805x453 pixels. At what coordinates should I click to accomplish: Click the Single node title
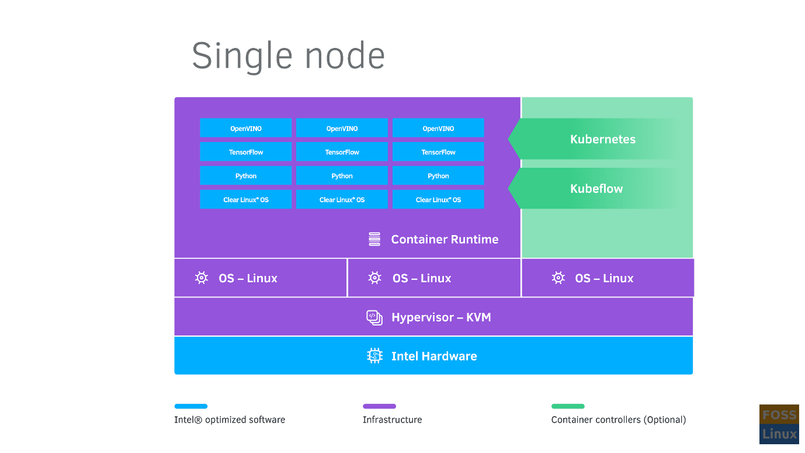pos(289,56)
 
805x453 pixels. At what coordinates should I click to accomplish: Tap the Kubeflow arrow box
pos(596,189)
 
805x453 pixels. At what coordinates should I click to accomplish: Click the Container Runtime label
pos(445,239)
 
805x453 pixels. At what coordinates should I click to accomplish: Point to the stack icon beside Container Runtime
pos(374,239)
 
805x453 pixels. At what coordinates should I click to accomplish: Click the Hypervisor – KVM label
pos(441,317)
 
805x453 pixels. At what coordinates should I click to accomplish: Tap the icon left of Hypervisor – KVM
pos(374,317)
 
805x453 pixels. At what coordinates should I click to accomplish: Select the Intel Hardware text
pos(434,356)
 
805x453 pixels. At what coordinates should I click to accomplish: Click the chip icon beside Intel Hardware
pos(374,356)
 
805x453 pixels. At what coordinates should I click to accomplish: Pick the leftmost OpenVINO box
pos(245,128)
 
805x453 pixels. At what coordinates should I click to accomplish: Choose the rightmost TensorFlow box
pos(438,152)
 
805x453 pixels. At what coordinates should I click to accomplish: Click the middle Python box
pos(342,176)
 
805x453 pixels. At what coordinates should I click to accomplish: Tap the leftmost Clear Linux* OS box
pos(245,200)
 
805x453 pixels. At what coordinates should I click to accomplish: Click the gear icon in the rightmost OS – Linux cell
pos(558,278)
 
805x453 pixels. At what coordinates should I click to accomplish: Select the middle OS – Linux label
pos(422,278)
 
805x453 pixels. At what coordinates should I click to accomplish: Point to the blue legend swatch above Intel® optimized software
pos(191,406)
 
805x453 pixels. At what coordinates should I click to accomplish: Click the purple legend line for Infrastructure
pos(379,406)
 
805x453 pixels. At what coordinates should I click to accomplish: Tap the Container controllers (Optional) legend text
pos(619,420)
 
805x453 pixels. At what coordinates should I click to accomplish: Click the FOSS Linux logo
pos(779,424)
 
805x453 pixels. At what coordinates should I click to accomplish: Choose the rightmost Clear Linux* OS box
pos(438,200)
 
